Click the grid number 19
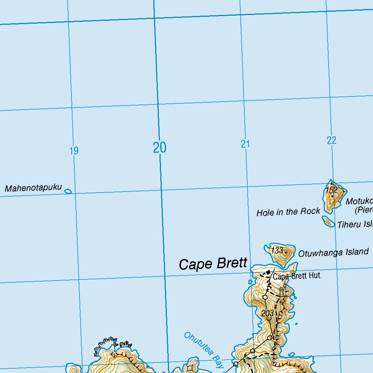coord(74,150)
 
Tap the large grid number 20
coord(160,148)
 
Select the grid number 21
coord(245,144)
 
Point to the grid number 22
coord(331,140)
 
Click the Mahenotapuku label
coord(33,188)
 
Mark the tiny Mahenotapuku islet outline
coord(68,191)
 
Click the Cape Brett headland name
coord(213,264)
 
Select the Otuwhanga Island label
coord(333,252)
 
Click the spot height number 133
coord(277,250)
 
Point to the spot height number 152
coord(331,190)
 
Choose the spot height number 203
coord(267,313)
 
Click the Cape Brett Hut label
coord(297,276)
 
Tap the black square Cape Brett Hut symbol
coord(268,272)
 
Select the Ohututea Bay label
coord(204,350)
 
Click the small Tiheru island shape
coord(328,221)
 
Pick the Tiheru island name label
coord(354,224)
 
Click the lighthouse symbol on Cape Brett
coord(282,292)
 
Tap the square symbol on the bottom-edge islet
coord(189,368)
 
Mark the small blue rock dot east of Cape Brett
coord(296,323)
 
